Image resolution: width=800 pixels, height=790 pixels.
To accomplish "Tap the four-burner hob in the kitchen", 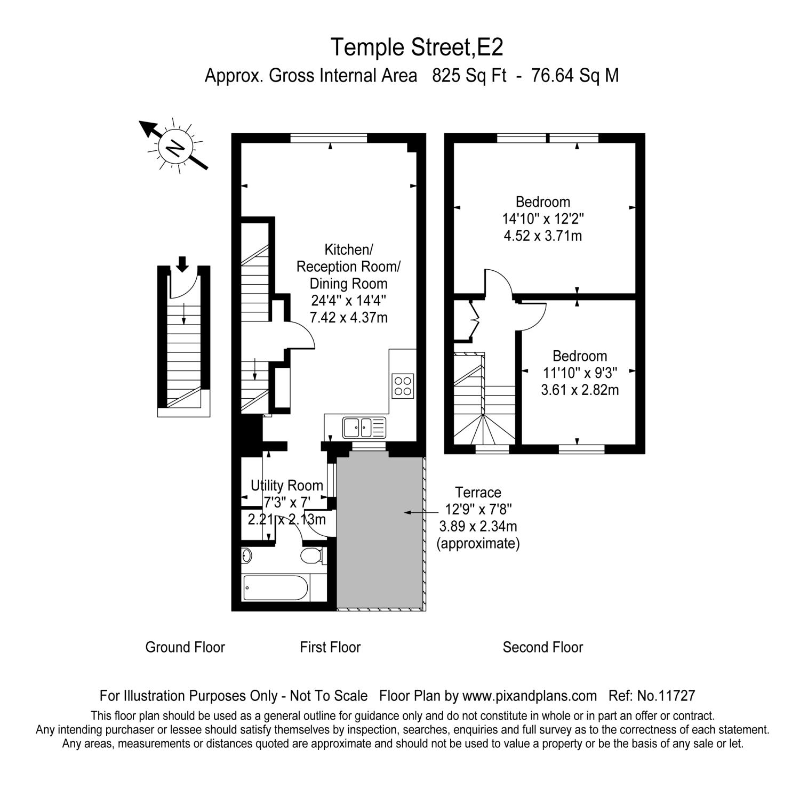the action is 403,386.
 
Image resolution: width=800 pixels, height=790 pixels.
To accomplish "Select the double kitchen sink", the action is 357,427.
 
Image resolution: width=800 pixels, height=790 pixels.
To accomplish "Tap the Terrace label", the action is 478,493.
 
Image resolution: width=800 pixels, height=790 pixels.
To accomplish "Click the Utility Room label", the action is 287,486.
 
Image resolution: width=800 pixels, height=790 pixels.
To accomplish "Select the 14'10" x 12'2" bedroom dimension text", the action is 543,219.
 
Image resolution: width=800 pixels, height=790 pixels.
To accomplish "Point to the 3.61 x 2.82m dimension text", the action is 580,390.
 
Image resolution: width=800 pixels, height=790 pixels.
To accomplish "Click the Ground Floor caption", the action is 185,647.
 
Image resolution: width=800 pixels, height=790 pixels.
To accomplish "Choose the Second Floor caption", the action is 542,647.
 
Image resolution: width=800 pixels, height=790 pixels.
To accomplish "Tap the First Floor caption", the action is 330,647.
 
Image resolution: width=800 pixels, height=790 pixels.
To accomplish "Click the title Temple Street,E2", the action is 417,47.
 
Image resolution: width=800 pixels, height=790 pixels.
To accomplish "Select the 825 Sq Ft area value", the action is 469,76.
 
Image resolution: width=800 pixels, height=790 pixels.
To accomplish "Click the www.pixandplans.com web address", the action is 529,696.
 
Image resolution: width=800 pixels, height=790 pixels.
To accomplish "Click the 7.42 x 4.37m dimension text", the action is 349,318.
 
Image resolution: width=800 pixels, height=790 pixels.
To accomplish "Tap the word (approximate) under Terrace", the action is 478,544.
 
